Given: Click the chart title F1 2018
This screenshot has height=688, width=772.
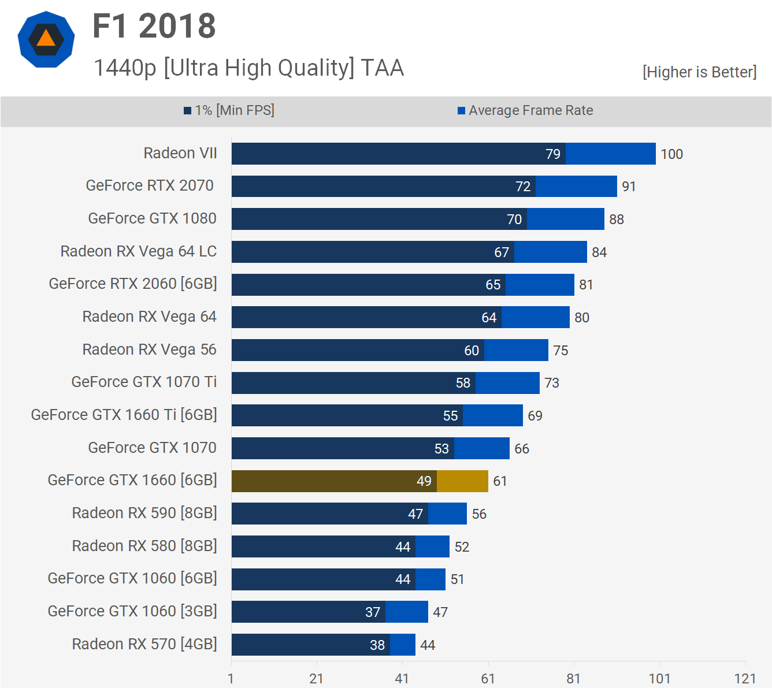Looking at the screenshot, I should (x=154, y=27).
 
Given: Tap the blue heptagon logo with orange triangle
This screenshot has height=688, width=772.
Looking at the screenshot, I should (x=46, y=39).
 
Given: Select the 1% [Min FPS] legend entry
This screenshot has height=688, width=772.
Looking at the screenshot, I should (x=229, y=110).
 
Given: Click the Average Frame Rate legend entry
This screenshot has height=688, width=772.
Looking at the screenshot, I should (x=525, y=110).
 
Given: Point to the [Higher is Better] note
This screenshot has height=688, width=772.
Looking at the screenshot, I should (x=699, y=72).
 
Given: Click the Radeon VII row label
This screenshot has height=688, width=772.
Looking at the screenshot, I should (x=180, y=153).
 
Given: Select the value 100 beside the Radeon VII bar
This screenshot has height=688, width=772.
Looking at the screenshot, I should (x=671, y=154).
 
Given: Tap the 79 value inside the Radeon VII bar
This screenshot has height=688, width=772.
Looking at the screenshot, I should (x=553, y=154).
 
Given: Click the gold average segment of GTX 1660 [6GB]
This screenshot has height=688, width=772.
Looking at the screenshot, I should (x=462, y=481).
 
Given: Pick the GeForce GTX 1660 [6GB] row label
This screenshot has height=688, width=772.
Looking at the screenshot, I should (x=132, y=480).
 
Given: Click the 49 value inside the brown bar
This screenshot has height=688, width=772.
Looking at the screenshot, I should (x=424, y=481).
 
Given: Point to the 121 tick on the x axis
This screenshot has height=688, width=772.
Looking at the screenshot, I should (x=745, y=678).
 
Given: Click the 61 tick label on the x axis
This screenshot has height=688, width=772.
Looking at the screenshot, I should (x=488, y=678).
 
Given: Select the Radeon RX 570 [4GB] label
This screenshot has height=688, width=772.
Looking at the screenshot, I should (x=144, y=644).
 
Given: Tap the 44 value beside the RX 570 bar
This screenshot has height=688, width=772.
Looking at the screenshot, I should (x=428, y=645).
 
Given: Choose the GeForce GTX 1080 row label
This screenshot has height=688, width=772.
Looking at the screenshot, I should (x=152, y=218).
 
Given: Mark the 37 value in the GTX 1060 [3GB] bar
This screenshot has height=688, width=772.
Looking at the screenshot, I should (x=373, y=612).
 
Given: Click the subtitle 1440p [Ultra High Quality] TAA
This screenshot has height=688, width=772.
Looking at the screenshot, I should (x=248, y=68).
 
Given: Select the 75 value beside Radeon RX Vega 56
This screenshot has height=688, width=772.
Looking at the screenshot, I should (x=561, y=351).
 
